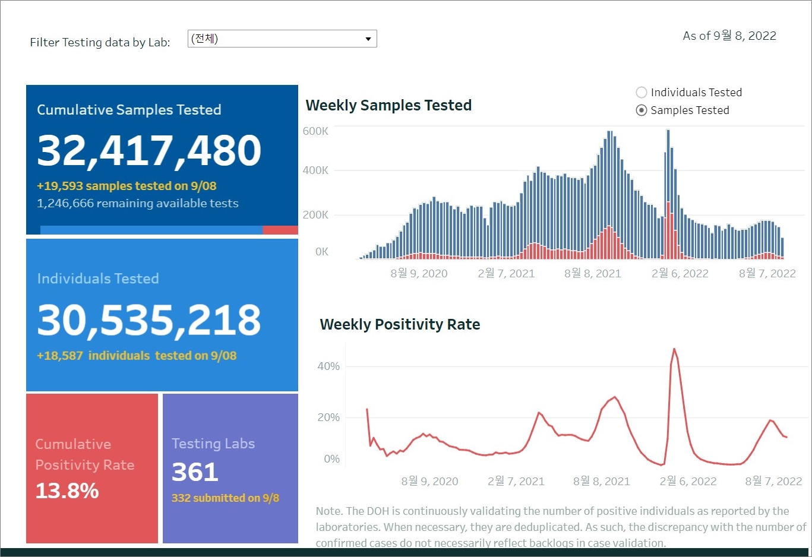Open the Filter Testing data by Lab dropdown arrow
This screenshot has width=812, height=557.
[x=368, y=39]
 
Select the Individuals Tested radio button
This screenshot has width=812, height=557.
[x=642, y=93]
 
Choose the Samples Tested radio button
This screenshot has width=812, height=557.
[x=642, y=110]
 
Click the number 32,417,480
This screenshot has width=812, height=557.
[x=149, y=150]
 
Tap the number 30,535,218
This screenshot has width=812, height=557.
[x=149, y=320]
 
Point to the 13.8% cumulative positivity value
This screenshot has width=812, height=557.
[x=67, y=490]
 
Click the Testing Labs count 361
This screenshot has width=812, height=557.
[x=195, y=472]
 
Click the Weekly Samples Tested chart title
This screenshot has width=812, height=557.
[x=388, y=106]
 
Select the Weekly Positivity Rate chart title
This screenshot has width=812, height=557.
[x=400, y=325]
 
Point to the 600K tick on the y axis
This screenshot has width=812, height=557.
[x=315, y=131]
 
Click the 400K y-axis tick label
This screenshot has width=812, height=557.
[x=315, y=170]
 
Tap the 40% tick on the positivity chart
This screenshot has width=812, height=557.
[x=328, y=366]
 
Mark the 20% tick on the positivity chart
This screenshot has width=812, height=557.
[x=328, y=417]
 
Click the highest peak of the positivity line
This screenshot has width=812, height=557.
[x=674, y=349]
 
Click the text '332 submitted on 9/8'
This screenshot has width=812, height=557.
[x=225, y=498]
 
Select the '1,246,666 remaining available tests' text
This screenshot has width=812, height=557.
[x=137, y=204]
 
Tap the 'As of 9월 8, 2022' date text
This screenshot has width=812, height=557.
[x=729, y=36]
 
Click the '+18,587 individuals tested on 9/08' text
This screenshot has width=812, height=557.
[x=137, y=356]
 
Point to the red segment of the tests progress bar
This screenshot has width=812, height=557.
[x=280, y=230]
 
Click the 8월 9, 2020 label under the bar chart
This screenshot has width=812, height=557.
[x=419, y=273]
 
